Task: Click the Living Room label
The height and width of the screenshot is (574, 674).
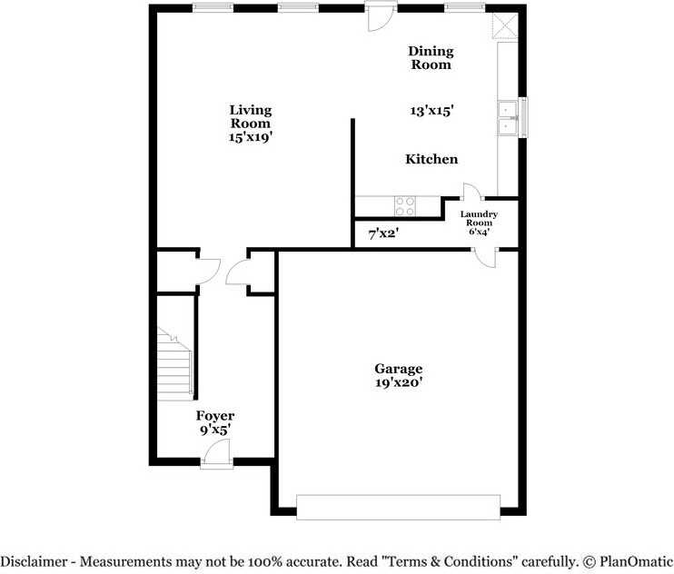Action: [x=250, y=116]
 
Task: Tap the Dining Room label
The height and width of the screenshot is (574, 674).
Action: [x=431, y=58]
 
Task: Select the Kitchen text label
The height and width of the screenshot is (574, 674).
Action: [x=431, y=159]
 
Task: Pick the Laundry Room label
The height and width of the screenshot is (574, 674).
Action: [x=479, y=223]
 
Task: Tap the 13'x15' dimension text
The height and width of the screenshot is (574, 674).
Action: [x=431, y=110]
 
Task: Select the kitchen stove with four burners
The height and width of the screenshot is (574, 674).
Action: [x=405, y=206]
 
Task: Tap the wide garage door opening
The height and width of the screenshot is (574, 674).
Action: [x=399, y=507]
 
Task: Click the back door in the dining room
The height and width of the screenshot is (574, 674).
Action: [x=376, y=16]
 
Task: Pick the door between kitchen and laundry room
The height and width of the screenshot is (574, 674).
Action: [x=472, y=192]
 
